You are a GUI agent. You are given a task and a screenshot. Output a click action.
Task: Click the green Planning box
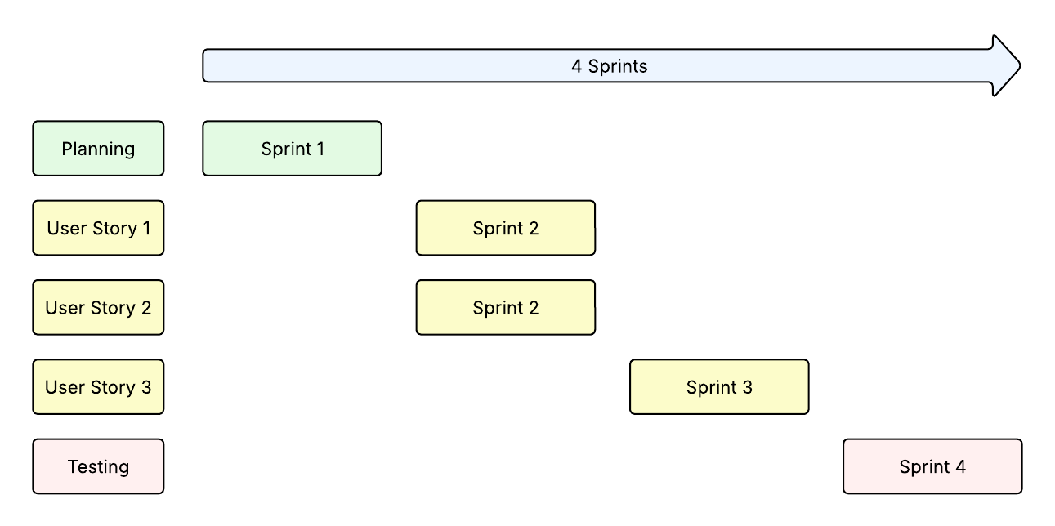pos(98,149)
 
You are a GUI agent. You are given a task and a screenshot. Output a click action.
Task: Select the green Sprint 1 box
pos(292,149)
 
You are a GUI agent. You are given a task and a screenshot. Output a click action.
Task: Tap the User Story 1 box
pos(98,228)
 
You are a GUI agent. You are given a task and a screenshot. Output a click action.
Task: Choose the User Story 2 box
pos(98,307)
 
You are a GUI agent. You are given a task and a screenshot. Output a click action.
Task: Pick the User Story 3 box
pos(98,387)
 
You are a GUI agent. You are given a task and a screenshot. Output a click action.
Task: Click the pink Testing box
pos(98,466)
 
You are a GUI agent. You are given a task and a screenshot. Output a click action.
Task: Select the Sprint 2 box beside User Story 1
pos(505,228)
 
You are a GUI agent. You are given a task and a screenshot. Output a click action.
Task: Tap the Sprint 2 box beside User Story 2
pos(505,307)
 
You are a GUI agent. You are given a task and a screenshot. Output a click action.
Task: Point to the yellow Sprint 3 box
pos(719,387)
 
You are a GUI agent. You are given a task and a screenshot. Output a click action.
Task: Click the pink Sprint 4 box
pos(932,466)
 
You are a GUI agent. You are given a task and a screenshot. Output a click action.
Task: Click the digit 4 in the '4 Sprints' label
pos(576,66)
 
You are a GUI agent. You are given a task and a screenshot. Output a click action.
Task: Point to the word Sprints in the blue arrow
pos(618,66)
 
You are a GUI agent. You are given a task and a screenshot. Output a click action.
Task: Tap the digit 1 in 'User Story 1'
pos(146,229)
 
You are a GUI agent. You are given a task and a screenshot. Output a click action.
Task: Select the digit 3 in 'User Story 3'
pos(146,387)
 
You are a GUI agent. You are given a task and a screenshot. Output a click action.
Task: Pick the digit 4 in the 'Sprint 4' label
pos(960,467)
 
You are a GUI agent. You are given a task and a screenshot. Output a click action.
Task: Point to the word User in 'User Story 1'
pos(66,229)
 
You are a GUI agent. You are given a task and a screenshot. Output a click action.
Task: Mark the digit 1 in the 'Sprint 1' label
pos(320,149)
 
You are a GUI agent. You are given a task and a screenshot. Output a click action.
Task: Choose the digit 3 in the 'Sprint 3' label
pos(747,387)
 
